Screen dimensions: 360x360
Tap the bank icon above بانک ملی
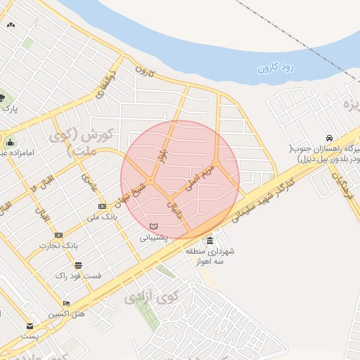[103, 206]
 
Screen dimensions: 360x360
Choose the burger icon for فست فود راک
[78, 266]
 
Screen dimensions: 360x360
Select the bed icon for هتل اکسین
[66, 303]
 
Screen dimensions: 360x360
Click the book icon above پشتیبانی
[154, 226]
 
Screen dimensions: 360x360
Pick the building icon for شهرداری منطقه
[210, 240]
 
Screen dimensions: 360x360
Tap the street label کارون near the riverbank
[144, 71]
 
